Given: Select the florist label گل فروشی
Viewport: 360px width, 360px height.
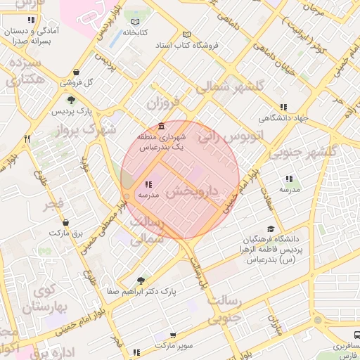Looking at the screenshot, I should pyautogui.click(x=76, y=82).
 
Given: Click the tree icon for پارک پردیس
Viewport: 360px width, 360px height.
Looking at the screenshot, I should pyautogui.click(x=71, y=101).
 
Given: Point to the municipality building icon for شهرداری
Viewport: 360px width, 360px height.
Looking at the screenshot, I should pyautogui.click(x=162, y=127).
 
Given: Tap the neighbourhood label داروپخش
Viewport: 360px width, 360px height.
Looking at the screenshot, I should pyautogui.click(x=191, y=191).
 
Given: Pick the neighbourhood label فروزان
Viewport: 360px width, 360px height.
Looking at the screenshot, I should pyautogui.click(x=163, y=103).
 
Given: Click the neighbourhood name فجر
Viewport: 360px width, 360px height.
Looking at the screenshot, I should pyautogui.click(x=53, y=207).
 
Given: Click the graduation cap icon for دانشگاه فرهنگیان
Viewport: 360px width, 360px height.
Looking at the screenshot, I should pyautogui.click(x=271, y=229).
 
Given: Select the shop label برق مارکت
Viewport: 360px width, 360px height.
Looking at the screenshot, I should pyautogui.click(x=68, y=231).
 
